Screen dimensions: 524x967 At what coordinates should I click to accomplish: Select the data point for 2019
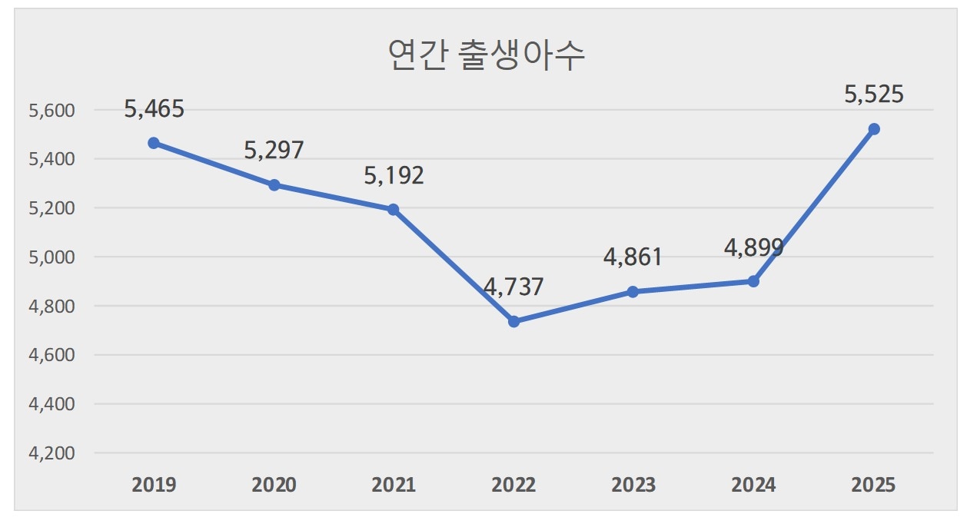click(x=154, y=143)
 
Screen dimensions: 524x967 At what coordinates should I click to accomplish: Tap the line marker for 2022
click(x=513, y=321)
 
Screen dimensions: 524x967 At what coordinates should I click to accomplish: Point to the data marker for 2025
click(x=873, y=129)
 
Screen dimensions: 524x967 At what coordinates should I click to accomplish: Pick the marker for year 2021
click(x=394, y=210)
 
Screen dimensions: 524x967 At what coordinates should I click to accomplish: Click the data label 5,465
click(x=154, y=108)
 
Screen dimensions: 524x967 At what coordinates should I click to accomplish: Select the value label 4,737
click(x=513, y=287)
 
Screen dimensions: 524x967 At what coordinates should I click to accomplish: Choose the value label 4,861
click(x=633, y=257)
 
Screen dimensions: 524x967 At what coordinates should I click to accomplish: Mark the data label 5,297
click(x=274, y=150)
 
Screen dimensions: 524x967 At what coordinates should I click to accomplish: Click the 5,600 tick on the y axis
click(x=52, y=111)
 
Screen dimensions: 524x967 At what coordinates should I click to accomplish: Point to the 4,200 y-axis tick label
click(x=52, y=453)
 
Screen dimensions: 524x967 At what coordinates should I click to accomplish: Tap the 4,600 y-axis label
click(x=52, y=356)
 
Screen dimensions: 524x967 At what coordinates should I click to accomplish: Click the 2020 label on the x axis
click(x=274, y=486)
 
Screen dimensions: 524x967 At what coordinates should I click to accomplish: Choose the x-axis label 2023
click(x=633, y=486)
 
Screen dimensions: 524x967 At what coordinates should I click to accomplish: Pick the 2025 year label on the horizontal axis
click(x=873, y=486)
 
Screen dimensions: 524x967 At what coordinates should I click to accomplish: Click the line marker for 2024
click(x=753, y=281)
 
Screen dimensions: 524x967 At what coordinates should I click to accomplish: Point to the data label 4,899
click(x=753, y=247)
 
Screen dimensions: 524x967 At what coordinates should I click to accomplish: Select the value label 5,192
click(x=394, y=175)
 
